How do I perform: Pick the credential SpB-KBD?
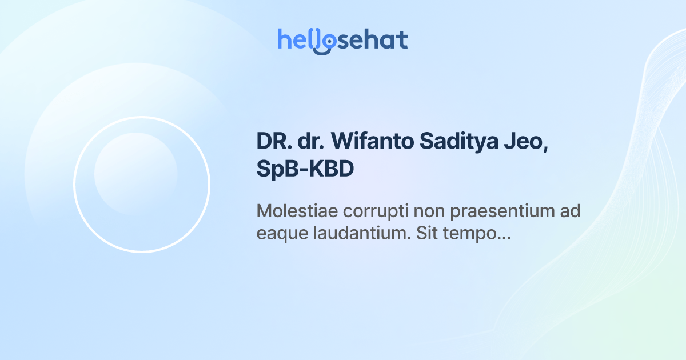(305, 170)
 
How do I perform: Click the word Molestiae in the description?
(297, 211)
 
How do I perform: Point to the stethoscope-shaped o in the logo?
(324, 42)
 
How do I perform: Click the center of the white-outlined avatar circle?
(142, 185)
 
